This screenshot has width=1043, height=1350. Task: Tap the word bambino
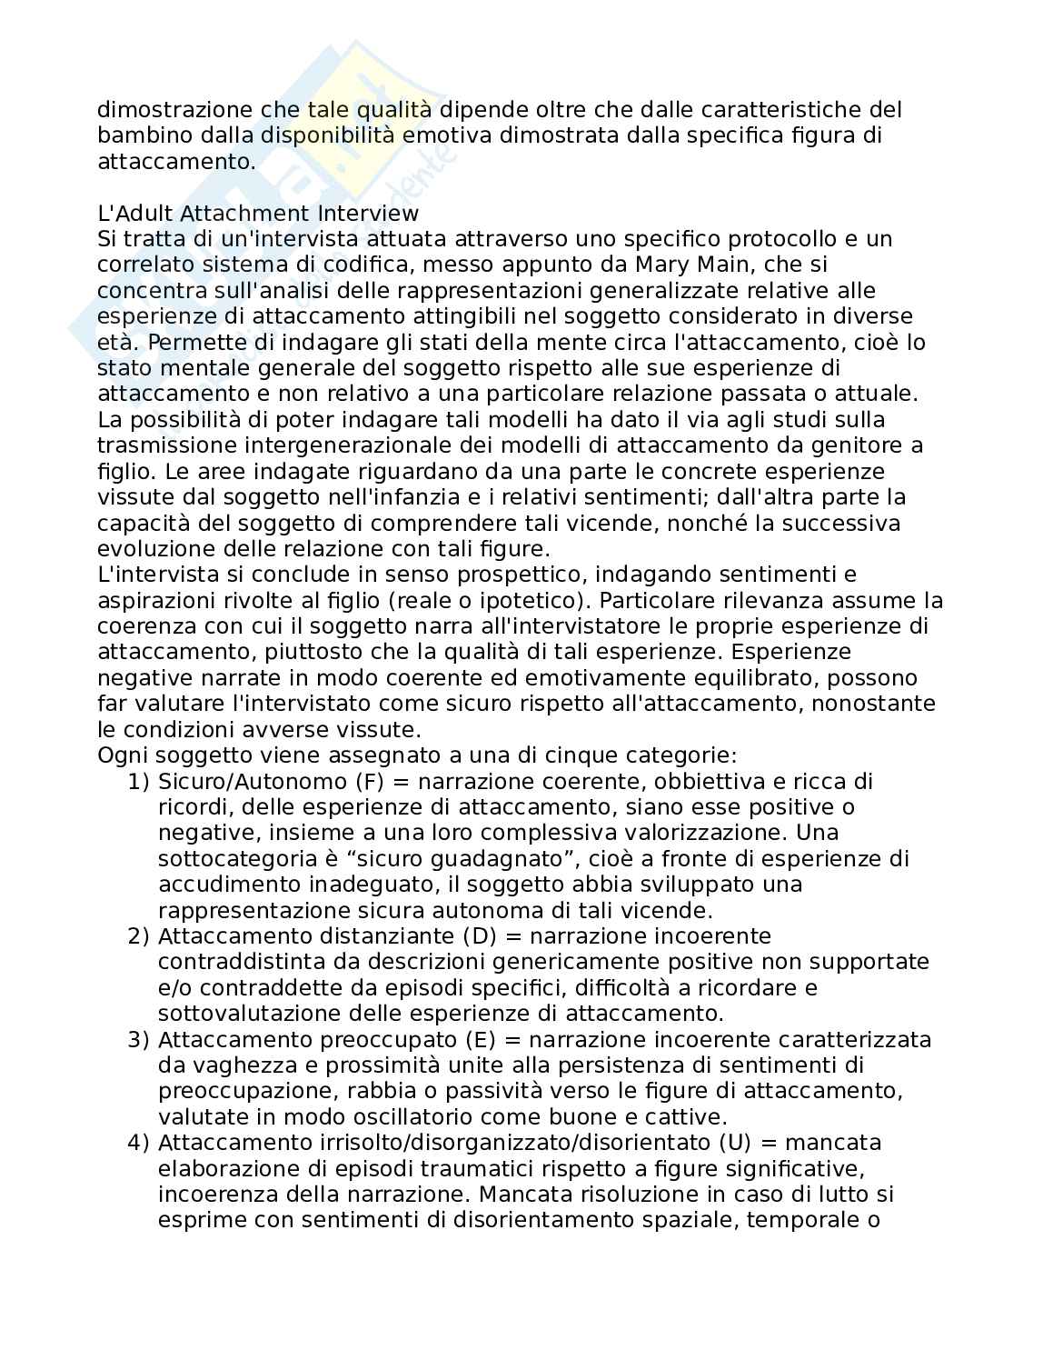tap(136, 135)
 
